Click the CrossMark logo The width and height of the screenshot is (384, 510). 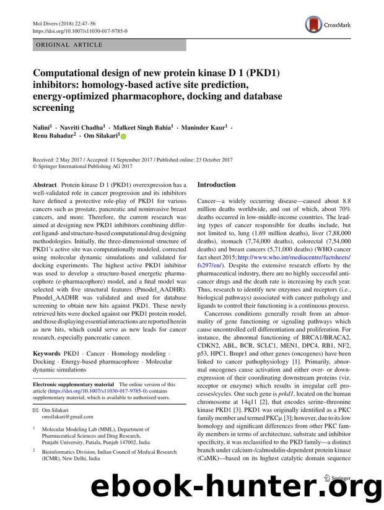[x=327, y=25]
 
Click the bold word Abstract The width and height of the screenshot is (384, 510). [x=44, y=185]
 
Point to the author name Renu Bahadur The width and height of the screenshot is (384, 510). [x=53, y=135]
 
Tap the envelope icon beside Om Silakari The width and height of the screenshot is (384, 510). [x=35, y=410]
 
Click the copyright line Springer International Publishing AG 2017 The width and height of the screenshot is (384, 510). [x=93, y=166]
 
